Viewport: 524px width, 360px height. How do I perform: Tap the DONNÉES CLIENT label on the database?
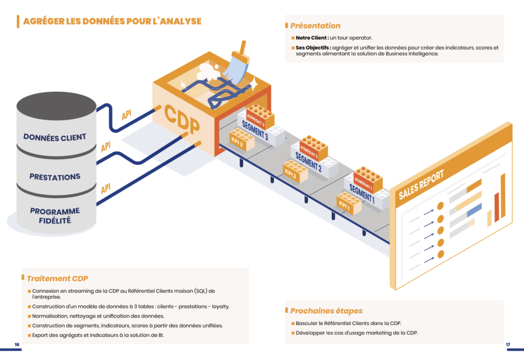click(55, 137)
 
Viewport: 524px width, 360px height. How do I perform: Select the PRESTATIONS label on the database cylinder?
click(55, 177)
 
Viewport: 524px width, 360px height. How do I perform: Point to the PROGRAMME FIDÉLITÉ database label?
click(55, 216)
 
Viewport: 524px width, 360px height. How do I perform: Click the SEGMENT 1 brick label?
click(361, 194)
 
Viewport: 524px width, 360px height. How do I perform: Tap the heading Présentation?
click(315, 26)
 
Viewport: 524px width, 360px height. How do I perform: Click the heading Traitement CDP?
click(57, 279)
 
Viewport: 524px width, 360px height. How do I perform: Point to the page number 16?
click(17, 345)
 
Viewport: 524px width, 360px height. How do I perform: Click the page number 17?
click(508, 345)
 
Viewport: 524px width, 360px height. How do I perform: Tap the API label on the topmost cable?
click(126, 115)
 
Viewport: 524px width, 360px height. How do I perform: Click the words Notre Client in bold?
click(312, 38)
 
